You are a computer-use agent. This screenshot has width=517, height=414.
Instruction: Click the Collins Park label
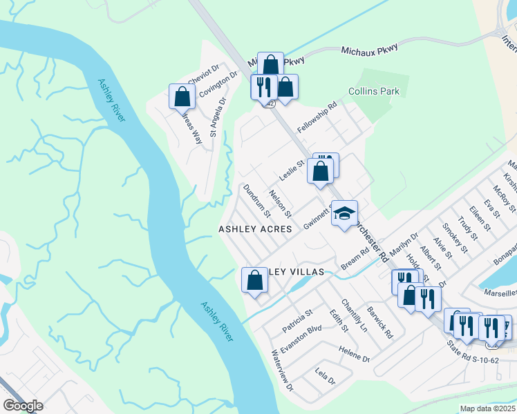374,91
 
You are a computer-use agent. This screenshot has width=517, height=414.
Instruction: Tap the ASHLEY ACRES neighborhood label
255,228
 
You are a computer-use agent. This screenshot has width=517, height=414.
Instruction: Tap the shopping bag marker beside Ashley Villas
254,280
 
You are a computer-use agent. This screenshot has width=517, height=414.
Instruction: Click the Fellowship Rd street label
317,117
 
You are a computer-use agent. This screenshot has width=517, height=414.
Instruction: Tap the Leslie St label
292,168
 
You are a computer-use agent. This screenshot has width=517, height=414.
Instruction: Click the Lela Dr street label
324,380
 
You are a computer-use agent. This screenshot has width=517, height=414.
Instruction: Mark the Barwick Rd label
380,322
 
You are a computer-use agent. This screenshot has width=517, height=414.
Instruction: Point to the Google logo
23,406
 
